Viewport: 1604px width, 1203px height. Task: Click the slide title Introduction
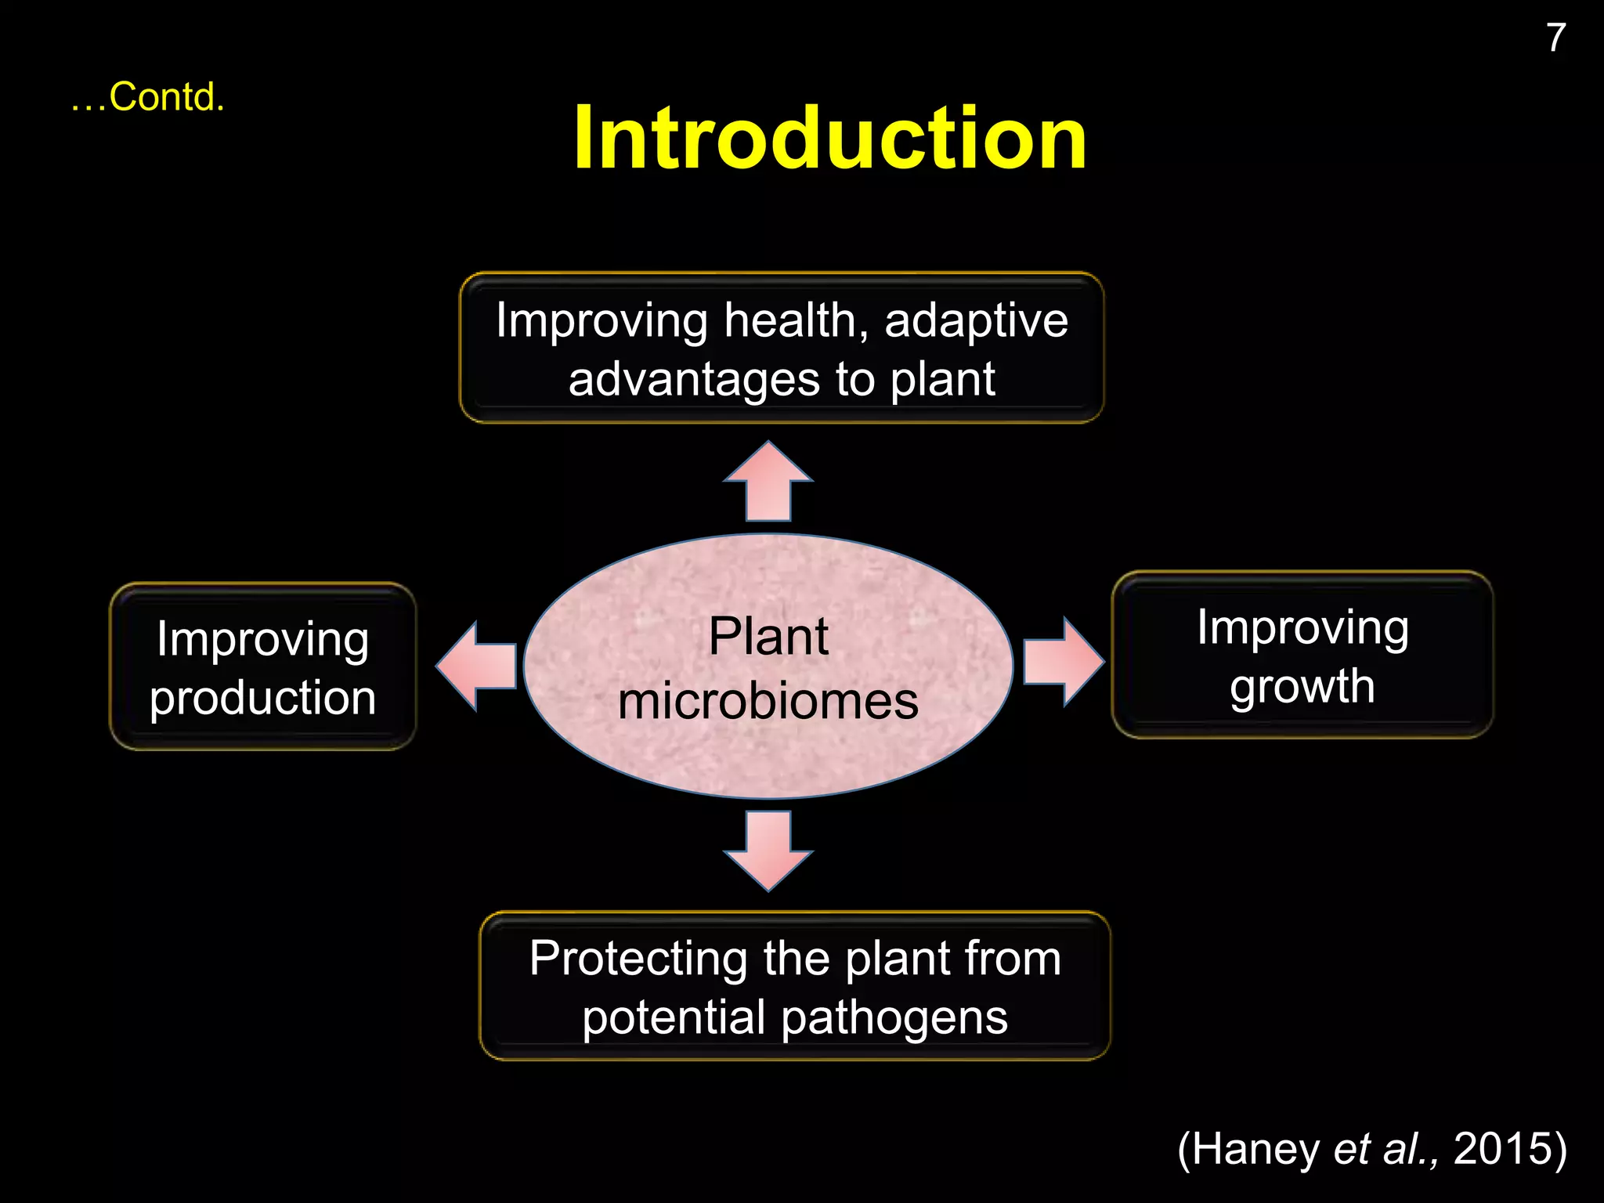tap(829, 139)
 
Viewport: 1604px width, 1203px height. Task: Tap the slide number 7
tap(1555, 38)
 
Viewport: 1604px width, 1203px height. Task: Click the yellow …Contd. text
tap(148, 98)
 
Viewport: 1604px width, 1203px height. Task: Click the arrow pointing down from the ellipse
tap(768, 850)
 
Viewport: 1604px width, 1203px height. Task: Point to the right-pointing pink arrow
tap(1062, 662)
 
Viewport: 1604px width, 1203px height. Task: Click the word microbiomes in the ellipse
tap(768, 701)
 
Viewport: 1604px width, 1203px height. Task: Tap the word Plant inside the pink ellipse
tap(768, 636)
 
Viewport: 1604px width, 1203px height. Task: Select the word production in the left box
tap(263, 697)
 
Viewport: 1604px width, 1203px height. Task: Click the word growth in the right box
tap(1302, 688)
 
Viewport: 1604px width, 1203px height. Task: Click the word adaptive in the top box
tap(976, 321)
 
